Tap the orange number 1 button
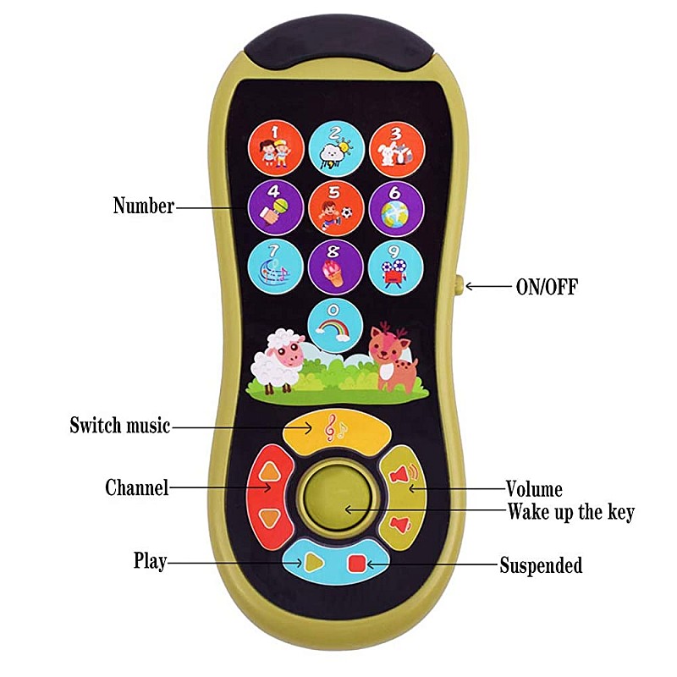pos(276,146)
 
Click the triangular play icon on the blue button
pos(312,560)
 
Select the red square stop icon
pos(356,561)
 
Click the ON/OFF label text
pos(547,287)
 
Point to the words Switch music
pos(120,426)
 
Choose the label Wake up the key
pos(570,512)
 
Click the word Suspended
pos(541,565)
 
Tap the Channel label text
pos(136,487)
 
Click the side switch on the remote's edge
pos(458,286)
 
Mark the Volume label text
pos(534,488)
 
